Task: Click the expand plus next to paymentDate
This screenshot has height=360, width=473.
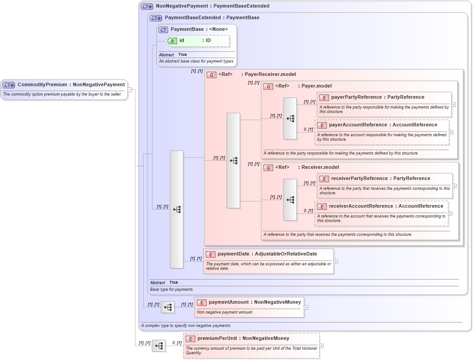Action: (x=336, y=261)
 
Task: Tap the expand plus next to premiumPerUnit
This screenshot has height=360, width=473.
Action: (x=321, y=346)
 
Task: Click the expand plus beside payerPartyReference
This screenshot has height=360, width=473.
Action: (x=454, y=105)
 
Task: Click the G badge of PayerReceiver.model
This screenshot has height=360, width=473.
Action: (x=211, y=75)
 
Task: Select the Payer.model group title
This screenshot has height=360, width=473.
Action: (x=315, y=86)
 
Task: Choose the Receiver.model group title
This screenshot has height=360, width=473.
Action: (x=320, y=167)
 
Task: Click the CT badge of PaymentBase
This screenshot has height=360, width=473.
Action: (x=163, y=29)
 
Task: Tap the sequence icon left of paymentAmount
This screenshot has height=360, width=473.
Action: (x=168, y=307)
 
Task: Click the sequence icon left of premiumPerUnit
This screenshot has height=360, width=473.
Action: (x=159, y=346)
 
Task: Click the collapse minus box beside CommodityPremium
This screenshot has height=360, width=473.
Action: (x=130, y=89)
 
